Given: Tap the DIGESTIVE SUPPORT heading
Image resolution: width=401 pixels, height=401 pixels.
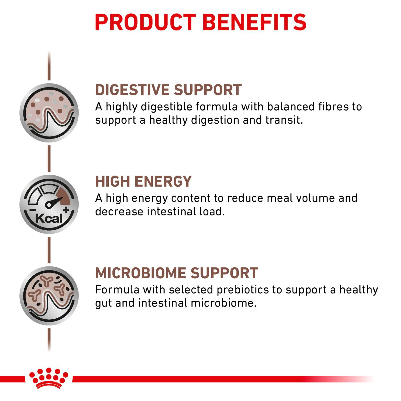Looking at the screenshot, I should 168,90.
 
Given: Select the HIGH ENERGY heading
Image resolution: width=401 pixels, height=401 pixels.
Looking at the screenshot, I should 143,182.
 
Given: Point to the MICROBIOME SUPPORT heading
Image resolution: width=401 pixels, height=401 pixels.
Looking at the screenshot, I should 177,273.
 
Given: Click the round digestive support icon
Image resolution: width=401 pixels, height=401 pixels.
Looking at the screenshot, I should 49,113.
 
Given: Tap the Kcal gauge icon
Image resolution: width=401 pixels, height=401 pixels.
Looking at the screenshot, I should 49,204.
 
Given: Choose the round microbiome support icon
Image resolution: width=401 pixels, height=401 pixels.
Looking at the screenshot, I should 49,296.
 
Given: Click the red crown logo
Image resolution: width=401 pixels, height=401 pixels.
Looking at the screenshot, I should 49,378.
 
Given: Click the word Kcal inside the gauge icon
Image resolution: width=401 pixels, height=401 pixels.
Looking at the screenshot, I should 49,218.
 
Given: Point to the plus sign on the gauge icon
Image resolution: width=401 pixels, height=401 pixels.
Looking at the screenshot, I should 66,209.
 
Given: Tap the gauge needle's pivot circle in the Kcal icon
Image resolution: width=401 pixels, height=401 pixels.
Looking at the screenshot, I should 49,205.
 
